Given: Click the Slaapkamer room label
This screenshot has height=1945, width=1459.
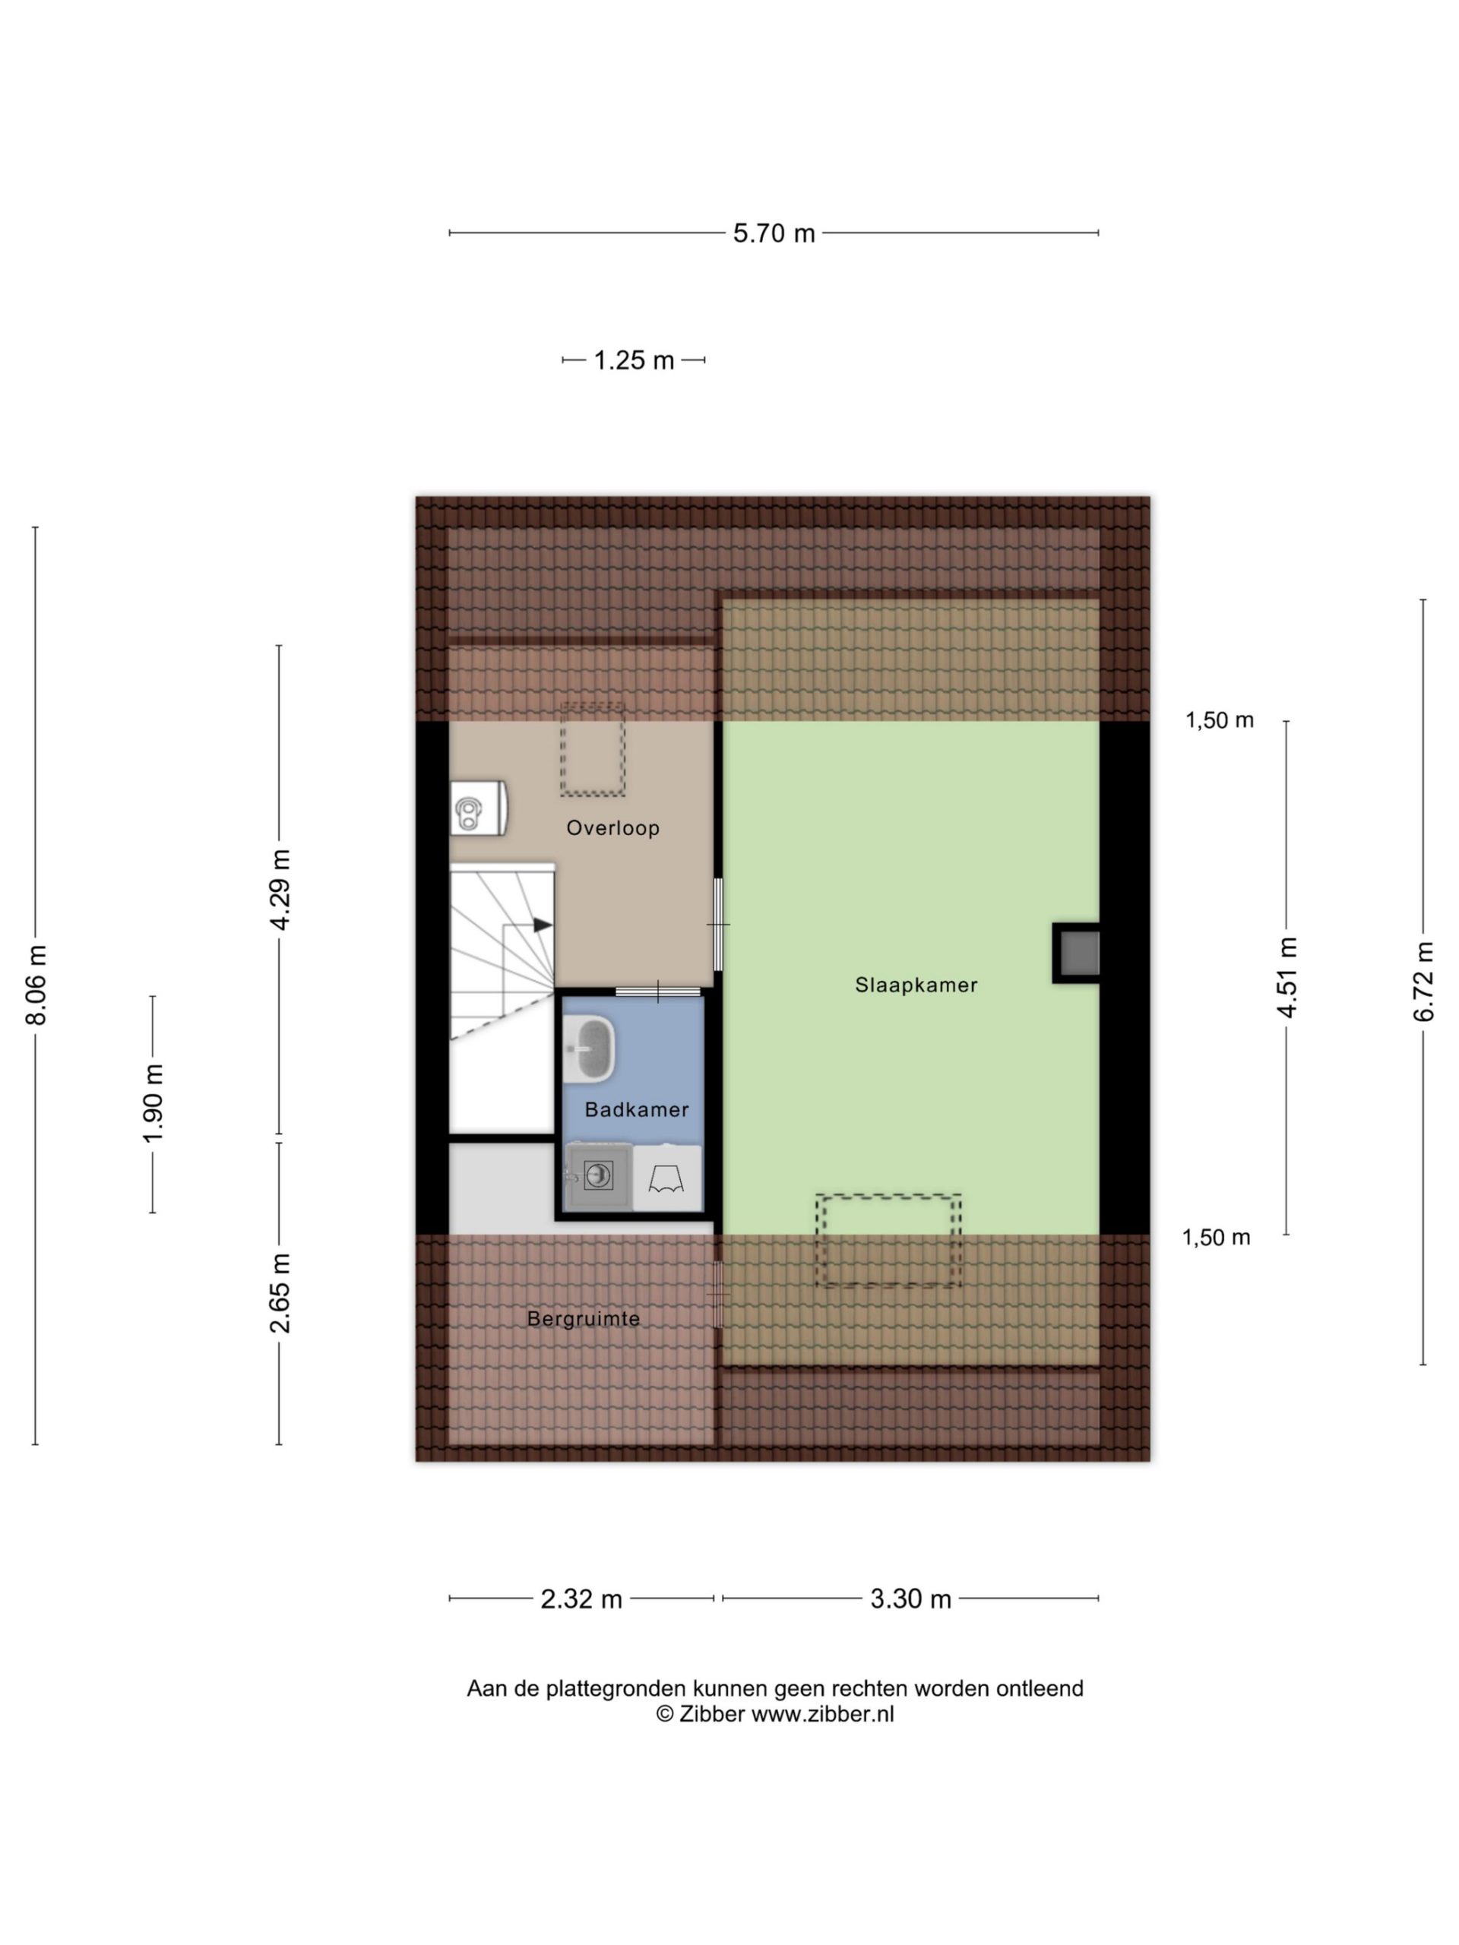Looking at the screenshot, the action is point(916,985).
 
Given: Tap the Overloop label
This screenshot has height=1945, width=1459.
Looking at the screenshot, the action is point(613,827).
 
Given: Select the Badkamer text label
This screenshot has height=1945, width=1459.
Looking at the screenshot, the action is point(637,1110).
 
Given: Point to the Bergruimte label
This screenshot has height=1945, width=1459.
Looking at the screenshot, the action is point(583,1319).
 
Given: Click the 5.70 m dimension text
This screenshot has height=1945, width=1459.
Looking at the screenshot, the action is point(774,233).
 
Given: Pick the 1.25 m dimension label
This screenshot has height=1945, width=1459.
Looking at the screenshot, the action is point(634,361).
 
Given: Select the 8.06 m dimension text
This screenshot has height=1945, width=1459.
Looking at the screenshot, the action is point(36,985).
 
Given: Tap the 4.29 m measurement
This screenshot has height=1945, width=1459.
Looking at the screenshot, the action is point(280,889).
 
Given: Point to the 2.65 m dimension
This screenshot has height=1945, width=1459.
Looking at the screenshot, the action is point(280,1293).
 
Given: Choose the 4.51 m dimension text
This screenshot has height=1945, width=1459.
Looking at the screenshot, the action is point(1287,978).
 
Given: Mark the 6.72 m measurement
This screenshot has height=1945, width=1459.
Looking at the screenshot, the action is point(1423,982).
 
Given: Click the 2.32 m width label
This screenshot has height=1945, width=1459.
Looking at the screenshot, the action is point(581,1599).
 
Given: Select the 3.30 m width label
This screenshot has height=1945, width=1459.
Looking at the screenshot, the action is point(911,1599).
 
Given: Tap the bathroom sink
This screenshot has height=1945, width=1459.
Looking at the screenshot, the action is point(588,1048).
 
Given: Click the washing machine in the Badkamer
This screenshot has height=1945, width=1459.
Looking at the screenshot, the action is point(598,1176).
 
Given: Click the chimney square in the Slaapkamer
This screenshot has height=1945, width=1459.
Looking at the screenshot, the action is point(1078,954).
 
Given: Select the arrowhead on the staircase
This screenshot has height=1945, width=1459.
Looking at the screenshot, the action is point(543,925).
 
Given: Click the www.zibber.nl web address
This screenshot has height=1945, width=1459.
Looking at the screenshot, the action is point(822,1714).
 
